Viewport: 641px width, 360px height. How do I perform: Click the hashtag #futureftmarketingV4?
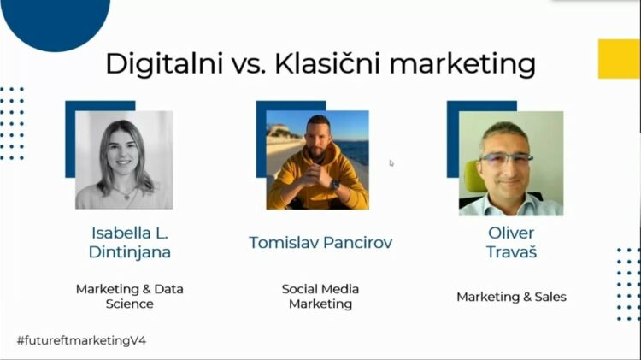[81, 340]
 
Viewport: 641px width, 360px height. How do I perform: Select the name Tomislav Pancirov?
[320, 242]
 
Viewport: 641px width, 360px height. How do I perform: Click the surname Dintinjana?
[129, 251]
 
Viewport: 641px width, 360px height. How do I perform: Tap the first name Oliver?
[510, 233]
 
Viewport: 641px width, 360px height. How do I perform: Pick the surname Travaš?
[510, 252]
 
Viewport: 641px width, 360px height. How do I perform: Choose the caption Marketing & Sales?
[511, 297]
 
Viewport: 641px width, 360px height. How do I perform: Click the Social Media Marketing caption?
[320, 296]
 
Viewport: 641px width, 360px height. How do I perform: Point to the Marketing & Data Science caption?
[129, 296]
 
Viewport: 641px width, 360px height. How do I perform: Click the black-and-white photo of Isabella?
[124, 160]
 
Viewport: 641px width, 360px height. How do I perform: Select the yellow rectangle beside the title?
[619, 59]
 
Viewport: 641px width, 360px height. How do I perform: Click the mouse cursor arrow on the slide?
[391, 162]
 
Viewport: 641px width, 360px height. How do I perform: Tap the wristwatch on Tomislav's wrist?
[334, 184]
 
